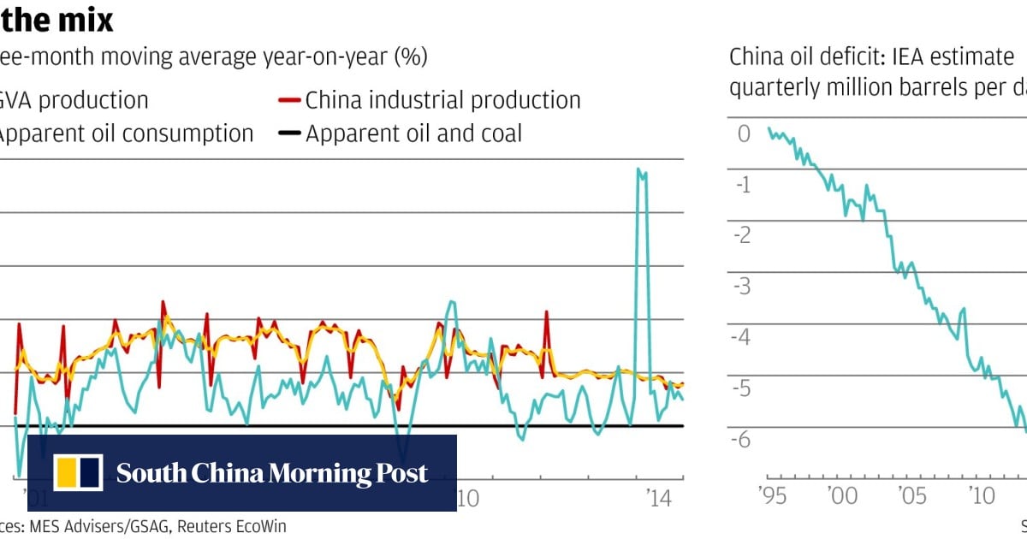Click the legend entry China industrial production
click(442, 100)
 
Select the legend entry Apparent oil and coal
click(413, 133)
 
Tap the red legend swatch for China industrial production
click(291, 101)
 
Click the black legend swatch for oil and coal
click(291, 134)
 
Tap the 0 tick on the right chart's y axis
click(743, 133)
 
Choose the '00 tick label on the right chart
click(841, 496)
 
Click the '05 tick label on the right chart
click(911, 496)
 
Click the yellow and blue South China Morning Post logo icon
click(78, 473)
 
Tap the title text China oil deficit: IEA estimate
click(871, 57)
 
